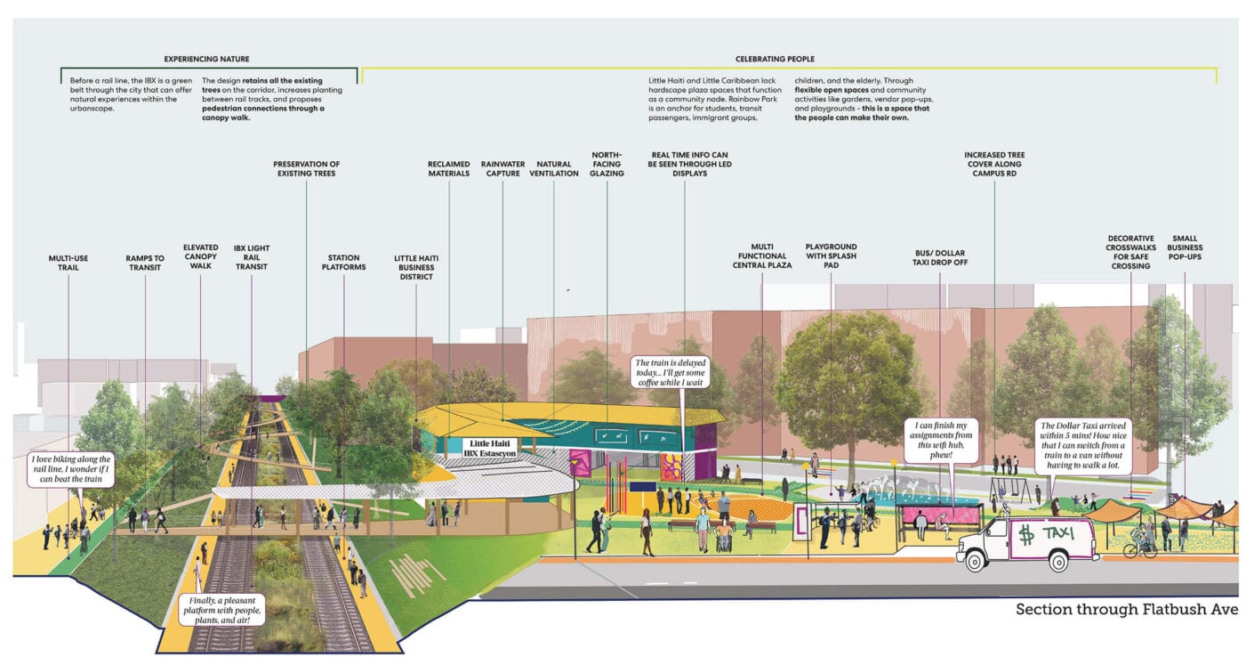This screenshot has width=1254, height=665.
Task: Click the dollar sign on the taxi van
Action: (x=1025, y=535)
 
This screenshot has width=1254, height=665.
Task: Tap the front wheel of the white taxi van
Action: (x=975, y=561)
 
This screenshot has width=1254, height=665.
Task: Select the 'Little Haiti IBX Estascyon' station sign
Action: (x=490, y=448)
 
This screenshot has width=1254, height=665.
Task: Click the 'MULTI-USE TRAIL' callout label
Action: (x=68, y=263)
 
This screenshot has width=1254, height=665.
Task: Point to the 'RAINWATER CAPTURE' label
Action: (x=502, y=168)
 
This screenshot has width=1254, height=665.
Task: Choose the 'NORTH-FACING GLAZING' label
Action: (x=607, y=164)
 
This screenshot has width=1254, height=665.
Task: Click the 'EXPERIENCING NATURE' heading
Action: (x=206, y=59)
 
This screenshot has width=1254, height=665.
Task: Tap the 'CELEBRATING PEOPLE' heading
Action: (x=775, y=59)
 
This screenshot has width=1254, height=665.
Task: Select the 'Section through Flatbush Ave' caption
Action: (x=1126, y=609)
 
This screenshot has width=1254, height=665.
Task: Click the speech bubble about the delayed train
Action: (x=671, y=372)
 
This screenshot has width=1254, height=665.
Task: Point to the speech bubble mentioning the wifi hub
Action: (x=941, y=440)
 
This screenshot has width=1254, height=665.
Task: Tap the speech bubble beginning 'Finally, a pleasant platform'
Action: (x=222, y=610)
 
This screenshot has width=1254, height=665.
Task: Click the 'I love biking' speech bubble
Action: (x=71, y=469)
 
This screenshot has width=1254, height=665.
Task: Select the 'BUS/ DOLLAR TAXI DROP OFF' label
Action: (x=940, y=257)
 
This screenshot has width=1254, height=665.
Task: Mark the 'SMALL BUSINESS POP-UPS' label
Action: (x=1185, y=247)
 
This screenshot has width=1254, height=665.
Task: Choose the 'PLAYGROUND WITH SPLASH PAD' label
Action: (x=831, y=255)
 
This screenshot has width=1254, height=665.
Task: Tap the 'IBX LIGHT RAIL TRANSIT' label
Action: (x=252, y=257)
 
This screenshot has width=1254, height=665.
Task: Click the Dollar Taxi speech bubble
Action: (x=1083, y=445)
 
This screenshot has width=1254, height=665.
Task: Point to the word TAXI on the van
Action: (x=1057, y=532)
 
